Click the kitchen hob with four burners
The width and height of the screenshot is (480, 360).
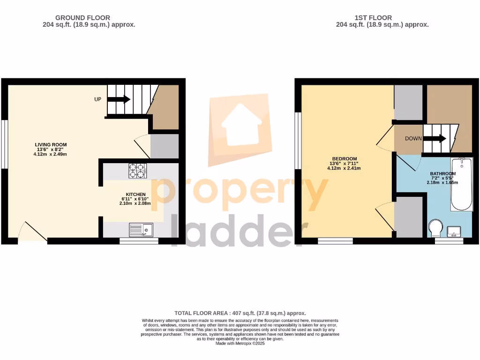tap(137, 170)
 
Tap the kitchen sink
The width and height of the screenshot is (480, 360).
tap(141, 230)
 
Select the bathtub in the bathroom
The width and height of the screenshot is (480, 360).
tap(462, 184)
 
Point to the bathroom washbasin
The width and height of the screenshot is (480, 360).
tap(454, 231)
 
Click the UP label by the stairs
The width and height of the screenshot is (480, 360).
tap(98, 99)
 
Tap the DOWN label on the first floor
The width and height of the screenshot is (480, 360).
tap(413, 138)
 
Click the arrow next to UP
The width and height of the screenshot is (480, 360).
tap(119, 99)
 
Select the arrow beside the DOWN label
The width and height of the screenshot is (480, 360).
tap(435, 138)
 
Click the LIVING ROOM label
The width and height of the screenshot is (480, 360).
tap(51, 144)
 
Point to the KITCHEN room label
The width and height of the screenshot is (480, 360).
tap(135, 195)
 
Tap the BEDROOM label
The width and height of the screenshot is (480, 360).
tap(345, 158)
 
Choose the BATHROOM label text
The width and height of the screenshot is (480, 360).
tap(442, 173)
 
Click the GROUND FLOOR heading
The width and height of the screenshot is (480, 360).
tap(89, 18)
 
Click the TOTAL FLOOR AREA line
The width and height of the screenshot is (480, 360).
tap(240, 313)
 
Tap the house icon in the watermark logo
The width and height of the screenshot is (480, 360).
tap(240, 125)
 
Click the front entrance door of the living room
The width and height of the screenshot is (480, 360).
tap(32, 232)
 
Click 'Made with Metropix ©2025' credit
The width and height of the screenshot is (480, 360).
tap(240, 343)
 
